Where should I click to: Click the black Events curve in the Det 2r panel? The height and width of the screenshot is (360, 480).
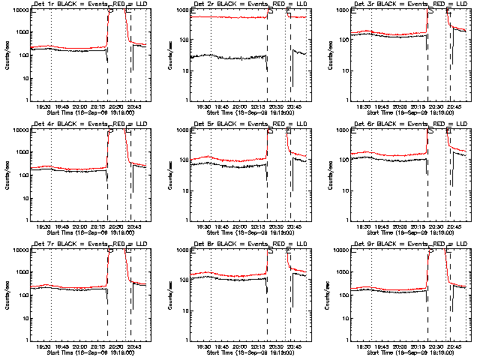(225, 57)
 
